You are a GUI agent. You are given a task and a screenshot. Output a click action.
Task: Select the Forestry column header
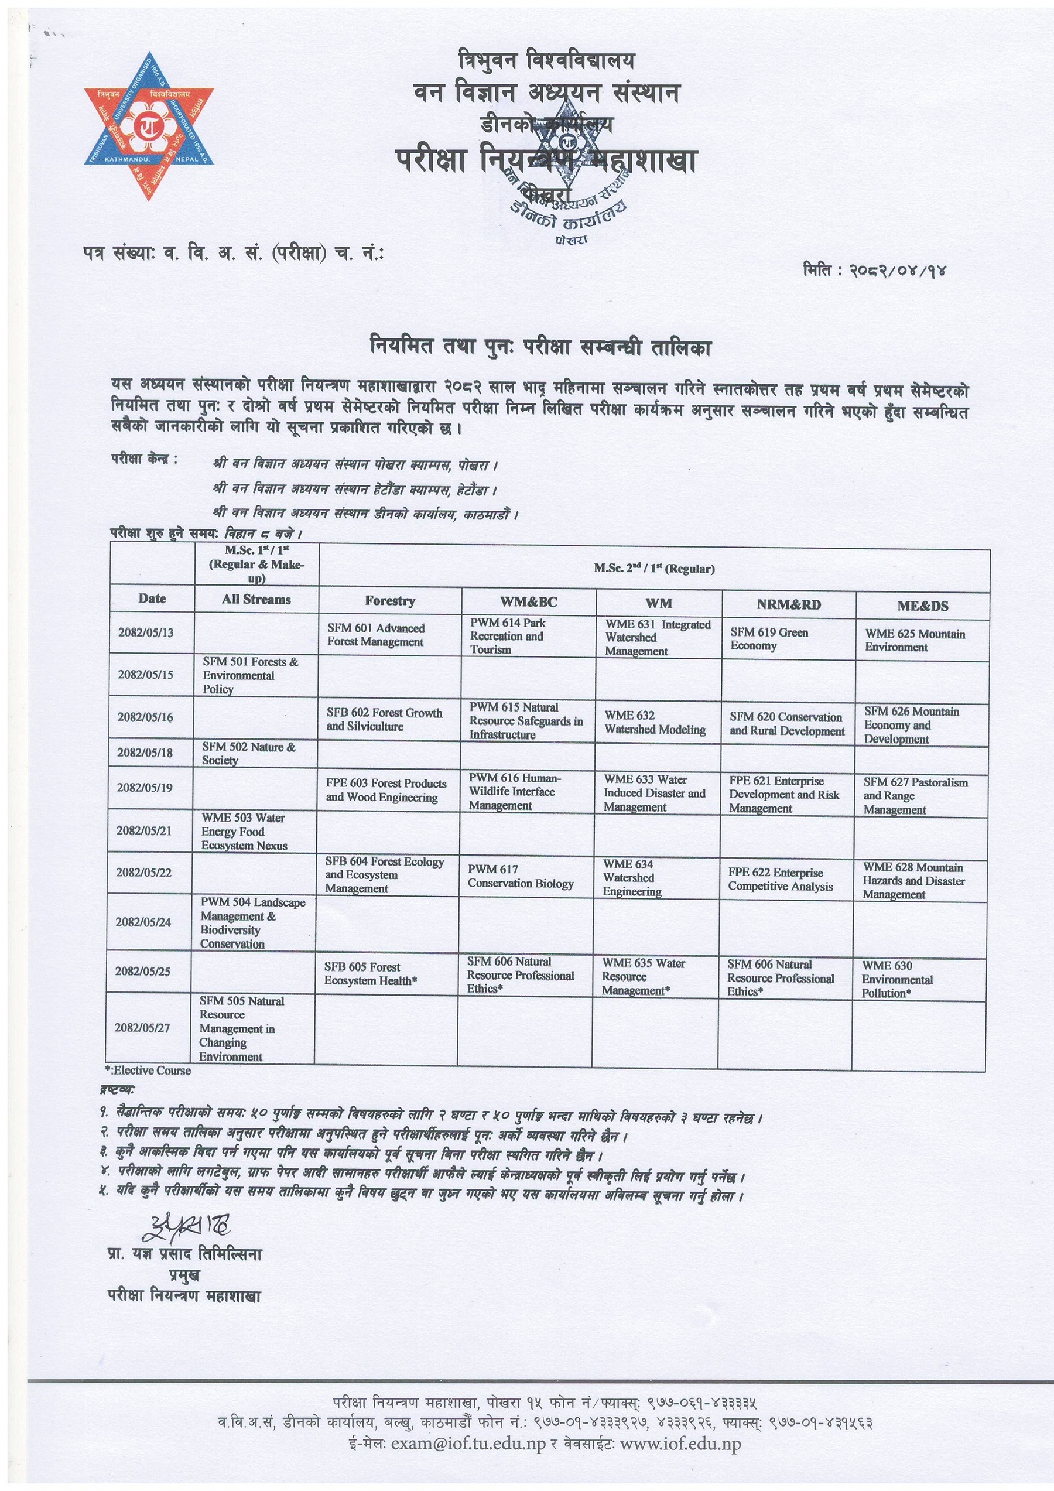[x=389, y=601]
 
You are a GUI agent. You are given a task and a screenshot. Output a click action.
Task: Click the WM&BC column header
[x=528, y=602]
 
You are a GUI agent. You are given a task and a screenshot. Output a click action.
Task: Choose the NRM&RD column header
[x=788, y=604]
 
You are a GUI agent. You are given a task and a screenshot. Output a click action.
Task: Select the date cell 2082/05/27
[x=142, y=1028]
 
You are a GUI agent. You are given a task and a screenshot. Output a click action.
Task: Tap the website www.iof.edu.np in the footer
[x=680, y=1444]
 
